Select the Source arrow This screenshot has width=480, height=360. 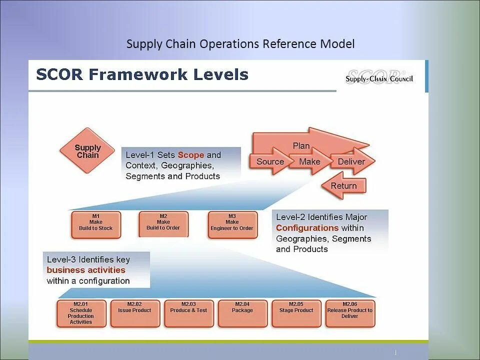(x=270, y=161)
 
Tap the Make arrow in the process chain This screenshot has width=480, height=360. (x=309, y=161)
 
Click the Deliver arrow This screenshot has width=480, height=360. (x=351, y=161)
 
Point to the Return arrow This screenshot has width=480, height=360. (x=343, y=186)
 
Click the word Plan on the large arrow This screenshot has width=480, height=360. (x=301, y=146)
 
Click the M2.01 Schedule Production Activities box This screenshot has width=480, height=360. (x=81, y=313)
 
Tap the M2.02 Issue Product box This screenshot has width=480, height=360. (x=134, y=313)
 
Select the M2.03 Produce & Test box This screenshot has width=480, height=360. (x=188, y=313)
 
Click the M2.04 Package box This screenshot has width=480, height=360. (x=242, y=313)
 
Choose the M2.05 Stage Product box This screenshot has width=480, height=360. (x=296, y=313)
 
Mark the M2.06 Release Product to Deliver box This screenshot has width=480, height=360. (x=349, y=313)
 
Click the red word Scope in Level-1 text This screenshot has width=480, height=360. (x=190, y=155)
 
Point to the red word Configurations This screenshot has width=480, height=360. (x=307, y=228)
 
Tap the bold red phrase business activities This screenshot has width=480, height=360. (x=86, y=270)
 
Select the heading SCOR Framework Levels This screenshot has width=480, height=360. (x=142, y=75)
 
